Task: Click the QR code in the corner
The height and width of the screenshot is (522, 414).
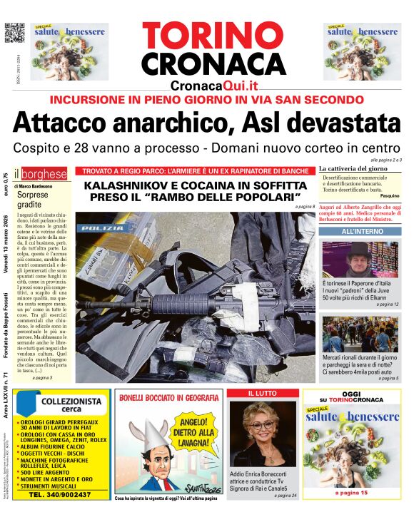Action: tap(14, 34)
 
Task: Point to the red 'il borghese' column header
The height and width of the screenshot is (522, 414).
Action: tap(44, 173)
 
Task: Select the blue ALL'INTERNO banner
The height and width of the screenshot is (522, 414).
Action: tap(359, 232)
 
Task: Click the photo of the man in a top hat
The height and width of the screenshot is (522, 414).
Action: tap(360, 260)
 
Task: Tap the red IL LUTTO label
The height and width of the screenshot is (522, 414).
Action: tap(263, 394)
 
